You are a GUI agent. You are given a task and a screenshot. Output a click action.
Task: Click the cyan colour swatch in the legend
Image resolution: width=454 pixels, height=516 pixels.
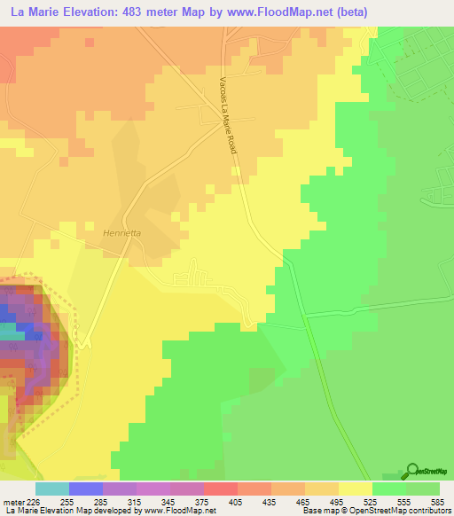51,489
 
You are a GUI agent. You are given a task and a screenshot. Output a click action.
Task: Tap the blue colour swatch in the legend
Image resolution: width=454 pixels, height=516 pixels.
85,489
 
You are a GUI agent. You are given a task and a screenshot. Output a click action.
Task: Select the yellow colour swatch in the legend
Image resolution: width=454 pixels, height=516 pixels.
355,489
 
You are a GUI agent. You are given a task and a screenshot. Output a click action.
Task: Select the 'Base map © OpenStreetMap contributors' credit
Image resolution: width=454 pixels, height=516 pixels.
375,510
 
